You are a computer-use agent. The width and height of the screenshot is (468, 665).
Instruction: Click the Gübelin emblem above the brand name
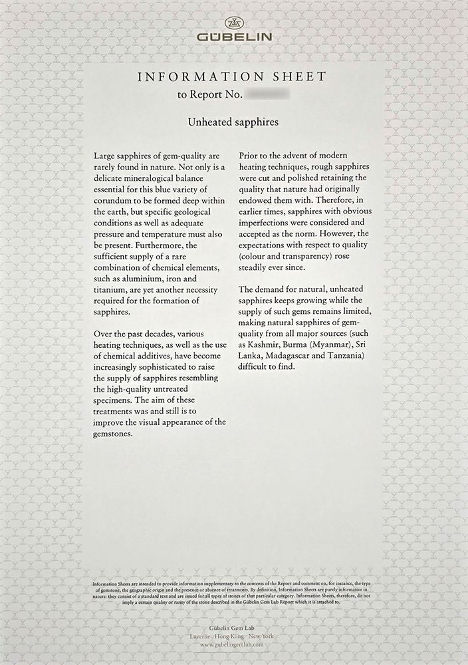[x=234, y=21]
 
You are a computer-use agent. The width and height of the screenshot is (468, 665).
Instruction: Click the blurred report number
[x=269, y=95]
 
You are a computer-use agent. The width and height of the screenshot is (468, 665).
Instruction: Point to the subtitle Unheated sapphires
[x=233, y=122]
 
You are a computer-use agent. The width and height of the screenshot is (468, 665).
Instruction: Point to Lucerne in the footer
[x=201, y=636]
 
